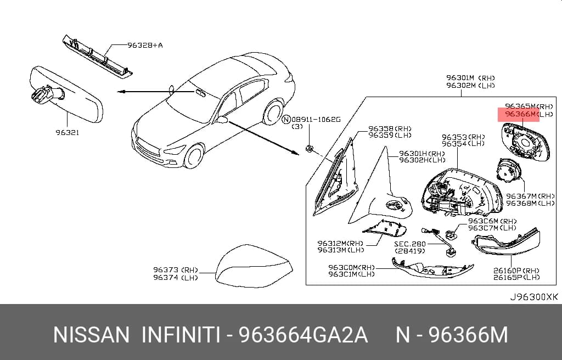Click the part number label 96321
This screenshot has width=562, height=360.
[x=68, y=132]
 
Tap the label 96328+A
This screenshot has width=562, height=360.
[x=145, y=45]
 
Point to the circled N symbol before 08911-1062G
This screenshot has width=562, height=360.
[x=285, y=120]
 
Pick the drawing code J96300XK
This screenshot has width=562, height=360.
[x=534, y=297]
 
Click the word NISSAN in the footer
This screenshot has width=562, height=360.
[x=91, y=335]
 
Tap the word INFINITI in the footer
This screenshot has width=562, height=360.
[x=181, y=335]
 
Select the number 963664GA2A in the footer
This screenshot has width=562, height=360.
[x=303, y=335]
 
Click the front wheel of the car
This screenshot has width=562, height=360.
[x=194, y=156]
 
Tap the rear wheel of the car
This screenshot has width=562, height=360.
[x=272, y=113]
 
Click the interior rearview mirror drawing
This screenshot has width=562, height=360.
[x=66, y=94]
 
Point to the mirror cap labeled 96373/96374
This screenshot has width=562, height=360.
[x=254, y=266]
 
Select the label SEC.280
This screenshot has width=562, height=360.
[x=410, y=244]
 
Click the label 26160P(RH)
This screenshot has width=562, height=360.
[x=516, y=271]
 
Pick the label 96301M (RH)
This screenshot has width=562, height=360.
[x=470, y=78]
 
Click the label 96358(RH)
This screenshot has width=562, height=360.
[x=390, y=128]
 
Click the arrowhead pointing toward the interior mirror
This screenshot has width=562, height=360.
[x=121, y=92]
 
